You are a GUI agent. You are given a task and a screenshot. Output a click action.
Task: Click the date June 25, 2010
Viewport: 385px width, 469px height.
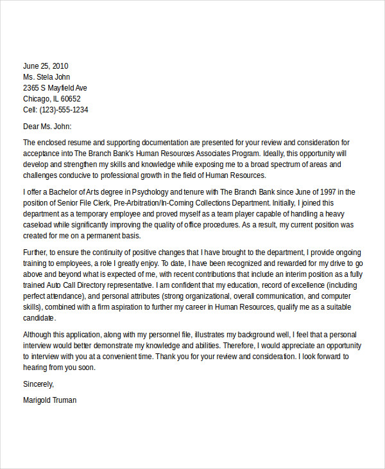click(x=46, y=66)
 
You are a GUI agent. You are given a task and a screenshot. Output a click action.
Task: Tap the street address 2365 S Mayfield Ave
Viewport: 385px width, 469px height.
click(x=55, y=87)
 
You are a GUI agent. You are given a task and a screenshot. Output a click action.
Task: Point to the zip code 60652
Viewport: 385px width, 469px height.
click(x=69, y=98)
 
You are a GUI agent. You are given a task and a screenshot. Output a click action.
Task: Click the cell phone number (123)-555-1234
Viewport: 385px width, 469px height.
click(x=64, y=109)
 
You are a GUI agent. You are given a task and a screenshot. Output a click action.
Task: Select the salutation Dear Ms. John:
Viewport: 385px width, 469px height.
click(x=47, y=127)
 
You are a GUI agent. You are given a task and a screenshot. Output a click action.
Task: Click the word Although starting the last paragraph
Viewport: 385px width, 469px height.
click(x=39, y=335)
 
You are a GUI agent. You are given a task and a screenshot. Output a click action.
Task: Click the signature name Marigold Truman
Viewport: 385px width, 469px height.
click(x=49, y=400)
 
